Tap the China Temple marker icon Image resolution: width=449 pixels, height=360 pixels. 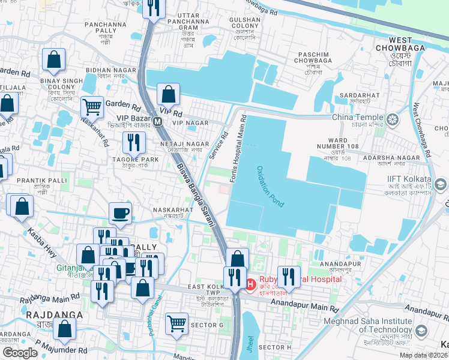pyautogui.click(x=393, y=119)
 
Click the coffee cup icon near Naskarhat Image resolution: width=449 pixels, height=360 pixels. pyautogui.click(x=120, y=212)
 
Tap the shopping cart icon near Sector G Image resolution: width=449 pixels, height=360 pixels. pyautogui.click(x=176, y=323)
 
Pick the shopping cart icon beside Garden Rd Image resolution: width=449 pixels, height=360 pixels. pyautogui.click(x=92, y=107)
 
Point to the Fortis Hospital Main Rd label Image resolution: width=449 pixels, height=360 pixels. pyautogui.click(x=238, y=143)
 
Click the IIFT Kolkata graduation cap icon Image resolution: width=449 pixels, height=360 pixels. pyautogui.click(x=442, y=184)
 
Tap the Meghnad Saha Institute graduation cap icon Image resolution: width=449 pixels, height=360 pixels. pyautogui.click(x=421, y=331)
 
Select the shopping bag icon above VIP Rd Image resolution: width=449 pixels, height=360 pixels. pyautogui.click(x=168, y=94)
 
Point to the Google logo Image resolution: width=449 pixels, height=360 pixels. pyautogui.click(x=20, y=353)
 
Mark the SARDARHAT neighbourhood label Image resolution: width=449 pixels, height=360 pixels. pyautogui.click(x=358, y=94)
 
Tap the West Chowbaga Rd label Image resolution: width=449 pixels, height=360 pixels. pyautogui.click(x=423, y=132)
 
